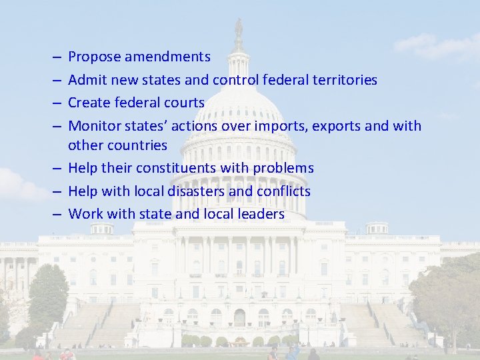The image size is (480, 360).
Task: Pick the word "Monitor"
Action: coord(94,125)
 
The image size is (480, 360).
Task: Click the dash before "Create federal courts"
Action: coord(57,103)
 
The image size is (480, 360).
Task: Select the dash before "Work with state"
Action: coord(57,215)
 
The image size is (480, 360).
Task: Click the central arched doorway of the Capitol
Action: coord(239,317)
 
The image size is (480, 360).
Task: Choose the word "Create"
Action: coord(89,103)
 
